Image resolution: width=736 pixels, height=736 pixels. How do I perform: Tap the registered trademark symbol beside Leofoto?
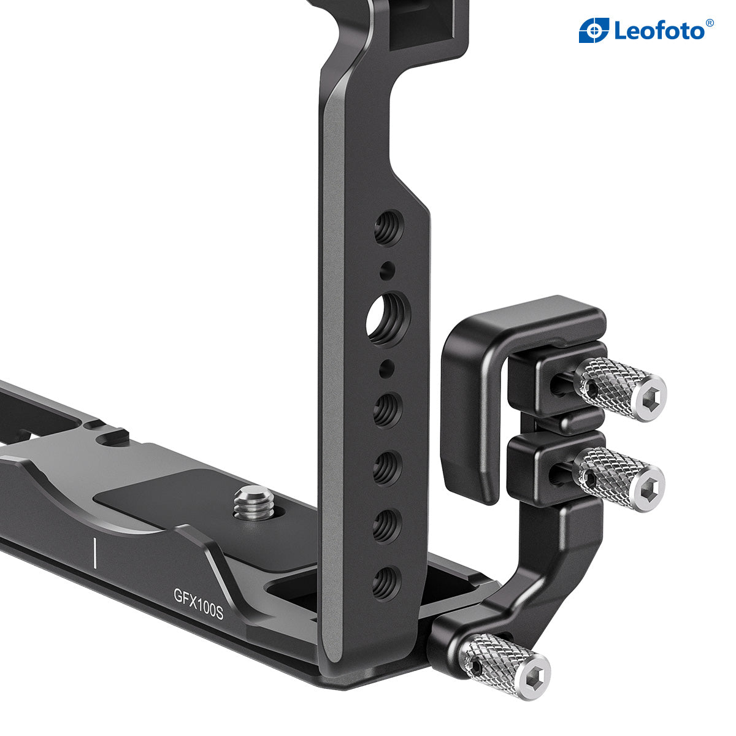[x=710, y=23]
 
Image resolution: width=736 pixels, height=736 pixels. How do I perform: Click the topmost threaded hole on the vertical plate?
[x=389, y=227]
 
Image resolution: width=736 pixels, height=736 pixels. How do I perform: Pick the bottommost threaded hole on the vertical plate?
[x=384, y=582]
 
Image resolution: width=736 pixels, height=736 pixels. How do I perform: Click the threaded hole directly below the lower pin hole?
[x=386, y=409]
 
